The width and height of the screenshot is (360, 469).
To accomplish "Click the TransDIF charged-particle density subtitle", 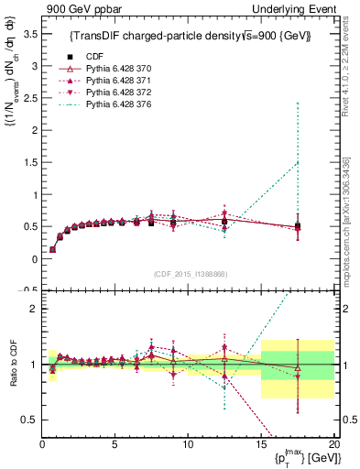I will click(x=191, y=36).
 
